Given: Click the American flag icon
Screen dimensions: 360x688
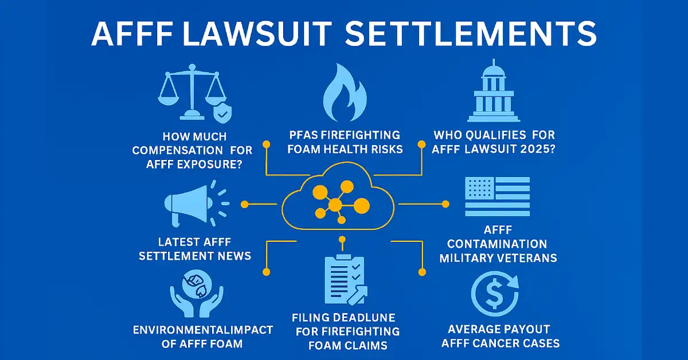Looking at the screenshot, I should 497,196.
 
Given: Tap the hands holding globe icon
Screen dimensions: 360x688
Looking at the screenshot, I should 192,294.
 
